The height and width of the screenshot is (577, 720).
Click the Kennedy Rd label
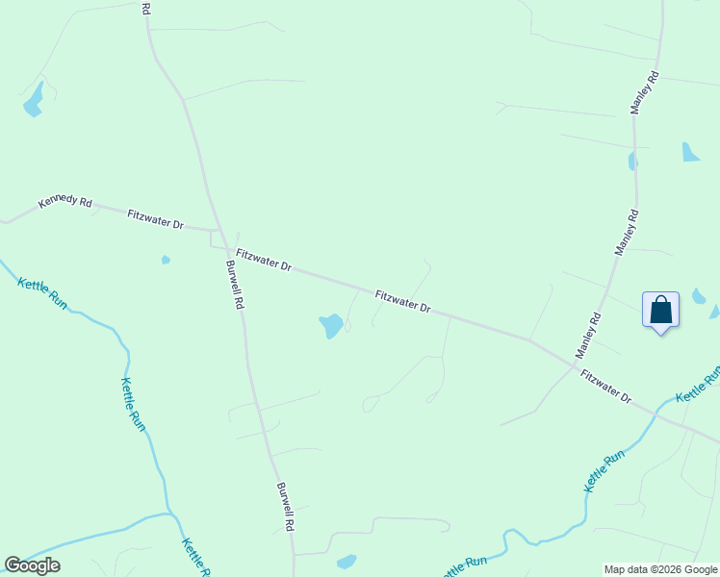pos(65,203)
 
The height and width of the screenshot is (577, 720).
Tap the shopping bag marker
pos(660,311)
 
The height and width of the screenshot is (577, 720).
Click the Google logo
pos(32,565)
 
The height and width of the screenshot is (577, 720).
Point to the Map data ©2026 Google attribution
pos(659,569)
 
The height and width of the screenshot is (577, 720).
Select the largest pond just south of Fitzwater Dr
pos(330,325)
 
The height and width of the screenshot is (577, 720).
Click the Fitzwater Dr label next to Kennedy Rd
pos(155,218)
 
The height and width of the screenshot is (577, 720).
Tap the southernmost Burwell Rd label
pos(284,507)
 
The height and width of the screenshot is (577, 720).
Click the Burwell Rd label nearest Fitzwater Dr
pos(234,284)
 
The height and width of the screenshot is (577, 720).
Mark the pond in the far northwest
pos(34,100)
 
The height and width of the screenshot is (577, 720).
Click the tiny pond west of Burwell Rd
pos(166,260)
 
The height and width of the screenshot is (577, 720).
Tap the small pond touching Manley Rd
pos(632,162)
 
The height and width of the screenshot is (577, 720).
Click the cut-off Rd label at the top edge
pos(145,8)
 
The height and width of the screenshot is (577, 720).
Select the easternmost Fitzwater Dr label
pos(604,386)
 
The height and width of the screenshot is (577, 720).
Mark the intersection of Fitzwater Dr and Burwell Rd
pos(221,233)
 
